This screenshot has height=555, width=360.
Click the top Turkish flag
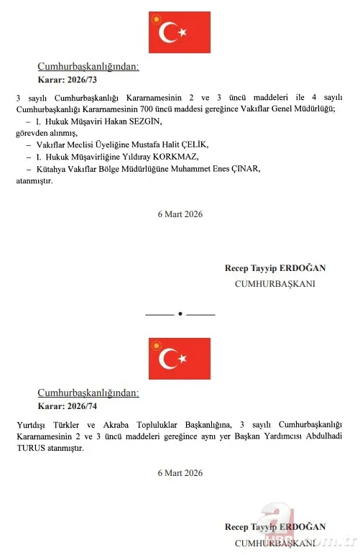tap(179, 32)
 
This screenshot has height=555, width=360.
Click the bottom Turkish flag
tap(179, 358)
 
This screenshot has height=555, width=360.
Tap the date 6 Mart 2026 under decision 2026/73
tap(180, 214)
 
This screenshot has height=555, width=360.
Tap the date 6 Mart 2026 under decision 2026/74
tap(180, 473)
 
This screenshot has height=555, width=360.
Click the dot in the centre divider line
tap(180, 313)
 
